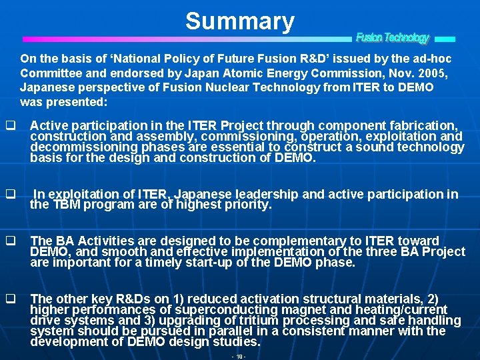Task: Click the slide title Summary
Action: [x=240, y=21]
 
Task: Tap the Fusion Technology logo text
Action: [x=392, y=38]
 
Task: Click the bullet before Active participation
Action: [x=10, y=125]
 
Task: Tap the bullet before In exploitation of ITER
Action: [x=10, y=195]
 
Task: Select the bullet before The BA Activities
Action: [x=10, y=241]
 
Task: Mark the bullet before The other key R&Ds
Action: [x=10, y=299]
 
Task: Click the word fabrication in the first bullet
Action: [x=425, y=125]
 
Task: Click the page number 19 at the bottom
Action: [x=239, y=357]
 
